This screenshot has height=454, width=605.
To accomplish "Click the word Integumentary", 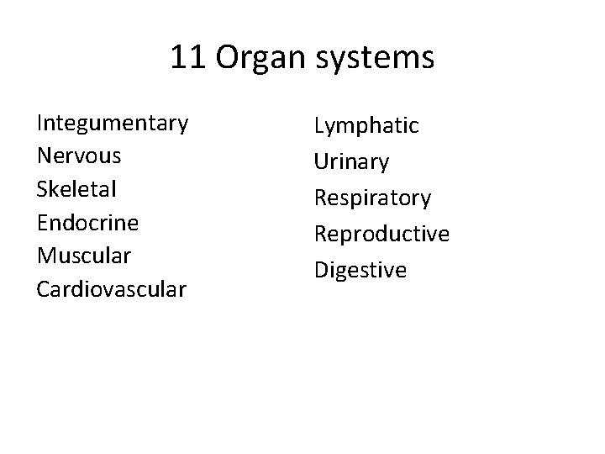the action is click(113, 124).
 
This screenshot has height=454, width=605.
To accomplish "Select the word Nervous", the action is click(79, 156).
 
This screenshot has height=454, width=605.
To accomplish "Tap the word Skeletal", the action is click(76, 189).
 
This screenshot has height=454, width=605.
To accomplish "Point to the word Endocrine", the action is click(87, 222).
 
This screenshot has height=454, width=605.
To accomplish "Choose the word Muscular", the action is click(84, 255).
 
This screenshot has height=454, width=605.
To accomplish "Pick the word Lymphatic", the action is click(366, 126).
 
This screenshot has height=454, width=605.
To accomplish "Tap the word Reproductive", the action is click(381, 234).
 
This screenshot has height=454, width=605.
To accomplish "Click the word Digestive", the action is click(360, 270).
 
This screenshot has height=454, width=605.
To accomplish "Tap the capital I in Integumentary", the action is click(40, 123).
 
